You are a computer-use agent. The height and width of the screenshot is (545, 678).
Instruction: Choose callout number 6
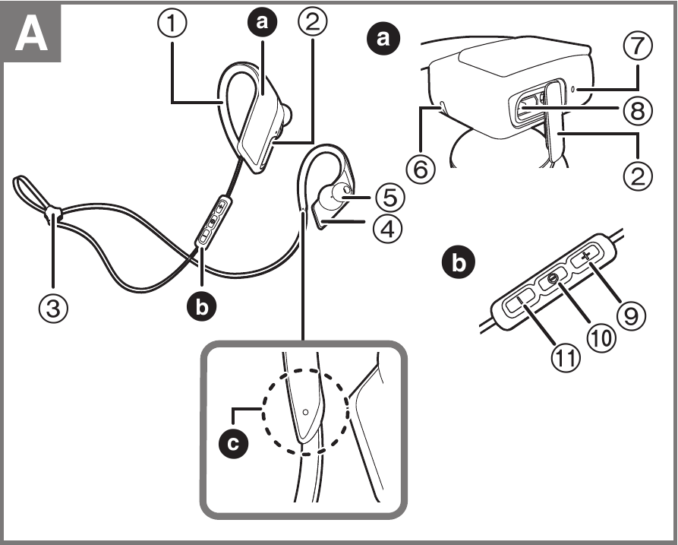[x=423, y=168]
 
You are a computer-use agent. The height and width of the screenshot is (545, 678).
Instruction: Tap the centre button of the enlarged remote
[x=553, y=280]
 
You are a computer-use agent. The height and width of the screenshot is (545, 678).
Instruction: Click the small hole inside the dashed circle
[x=305, y=410]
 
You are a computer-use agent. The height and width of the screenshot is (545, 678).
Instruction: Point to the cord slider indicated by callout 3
[x=52, y=214]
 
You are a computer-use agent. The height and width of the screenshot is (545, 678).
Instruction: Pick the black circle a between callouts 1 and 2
[x=262, y=24]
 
